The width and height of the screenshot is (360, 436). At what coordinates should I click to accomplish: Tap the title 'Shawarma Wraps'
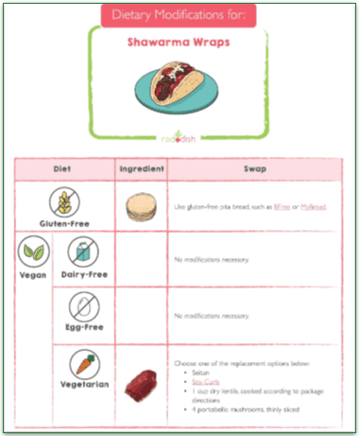(x=180, y=43)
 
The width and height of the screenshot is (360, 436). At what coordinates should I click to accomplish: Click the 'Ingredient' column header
(x=141, y=170)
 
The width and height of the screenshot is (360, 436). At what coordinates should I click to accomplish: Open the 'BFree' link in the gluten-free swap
(x=283, y=206)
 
